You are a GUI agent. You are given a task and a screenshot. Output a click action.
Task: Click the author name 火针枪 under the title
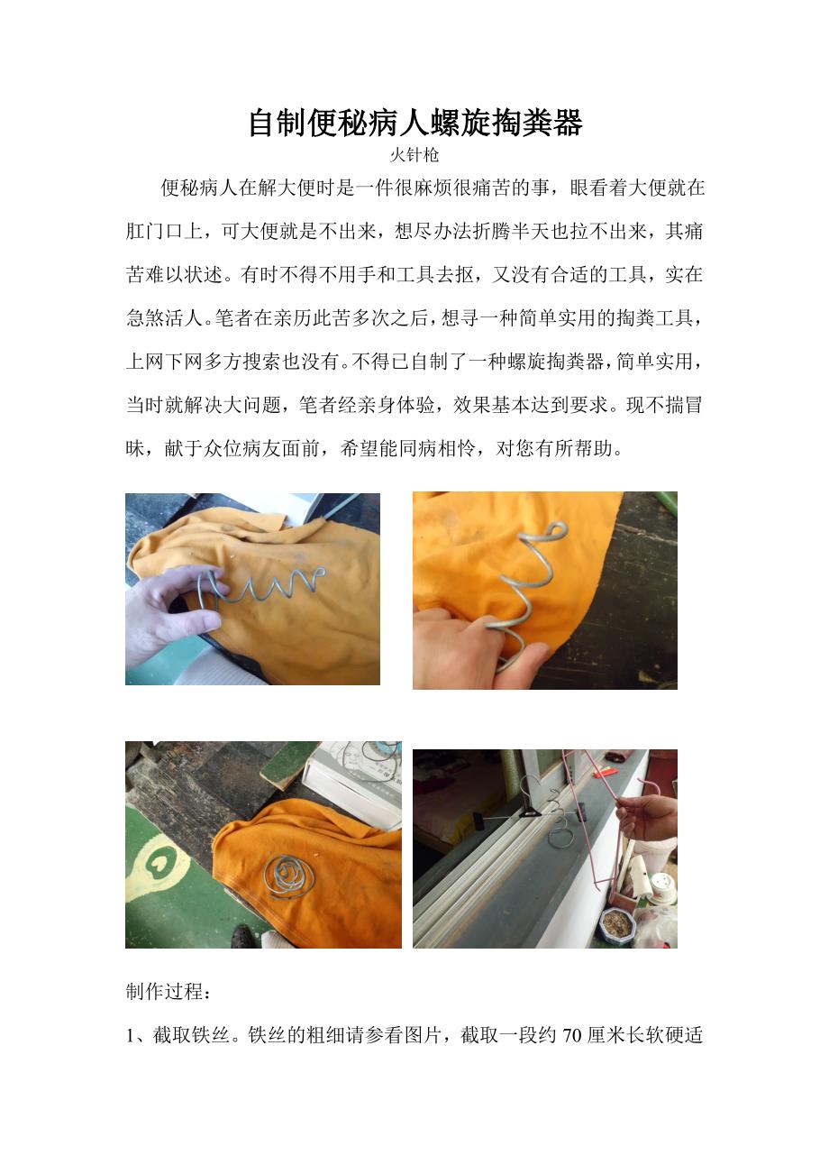click(414, 155)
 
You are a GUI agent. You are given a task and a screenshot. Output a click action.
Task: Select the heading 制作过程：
click(169, 992)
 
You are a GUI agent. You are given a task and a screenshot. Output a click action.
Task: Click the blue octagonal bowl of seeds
click(618, 925)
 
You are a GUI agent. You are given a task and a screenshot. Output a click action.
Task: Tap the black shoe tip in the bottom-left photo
click(243, 936)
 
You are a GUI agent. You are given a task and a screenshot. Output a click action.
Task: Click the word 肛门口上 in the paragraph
click(164, 231)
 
